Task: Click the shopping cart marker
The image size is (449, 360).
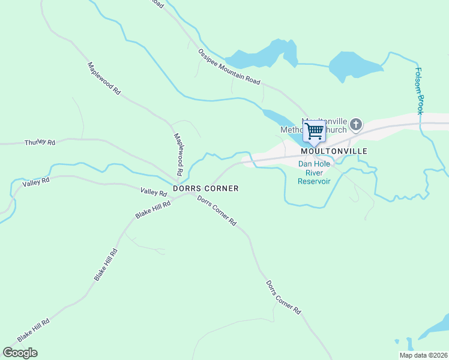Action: [314, 131]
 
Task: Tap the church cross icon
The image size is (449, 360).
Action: [356, 125]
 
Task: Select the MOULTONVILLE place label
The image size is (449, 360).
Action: [334, 151]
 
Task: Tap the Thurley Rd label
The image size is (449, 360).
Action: [40, 142]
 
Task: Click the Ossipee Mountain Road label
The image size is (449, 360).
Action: [229, 66]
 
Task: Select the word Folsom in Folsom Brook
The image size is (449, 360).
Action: [418, 80]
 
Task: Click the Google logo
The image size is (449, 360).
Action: [20, 352]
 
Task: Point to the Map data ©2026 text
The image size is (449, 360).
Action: [423, 355]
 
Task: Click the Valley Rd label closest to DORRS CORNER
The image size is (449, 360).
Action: [153, 192]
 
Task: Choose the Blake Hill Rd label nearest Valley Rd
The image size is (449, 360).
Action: [153, 210]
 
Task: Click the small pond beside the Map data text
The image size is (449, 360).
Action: [409, 344]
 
